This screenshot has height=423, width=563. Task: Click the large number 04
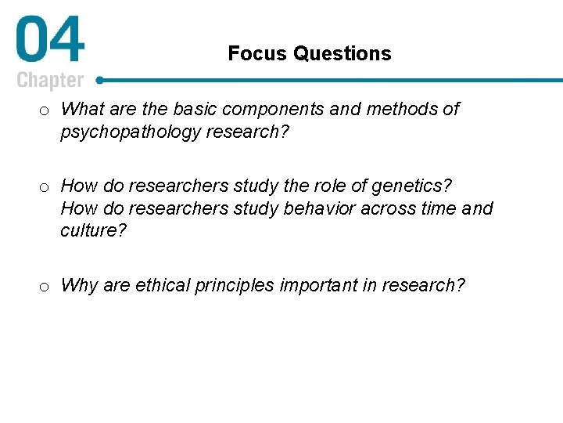coord(49,42)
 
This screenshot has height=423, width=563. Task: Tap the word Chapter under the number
coord(50,81)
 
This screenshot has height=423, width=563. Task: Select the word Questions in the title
coord(342,54)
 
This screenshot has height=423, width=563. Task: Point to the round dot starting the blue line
coord(99,80)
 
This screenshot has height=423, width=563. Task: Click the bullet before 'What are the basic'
coord(45,110)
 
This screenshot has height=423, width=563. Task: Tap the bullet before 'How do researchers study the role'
coord(45,186)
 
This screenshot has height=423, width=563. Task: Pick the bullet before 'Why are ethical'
coord(45,286)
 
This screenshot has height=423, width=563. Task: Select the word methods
coord(401,109)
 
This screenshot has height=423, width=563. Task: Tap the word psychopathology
coord(131,132)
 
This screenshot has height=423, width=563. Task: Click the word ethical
coord(161,285)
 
